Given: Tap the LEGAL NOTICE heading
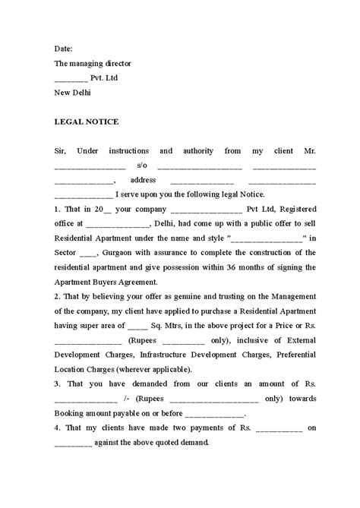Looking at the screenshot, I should click(87, 121).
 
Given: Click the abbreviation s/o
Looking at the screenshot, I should click(142, 166).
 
